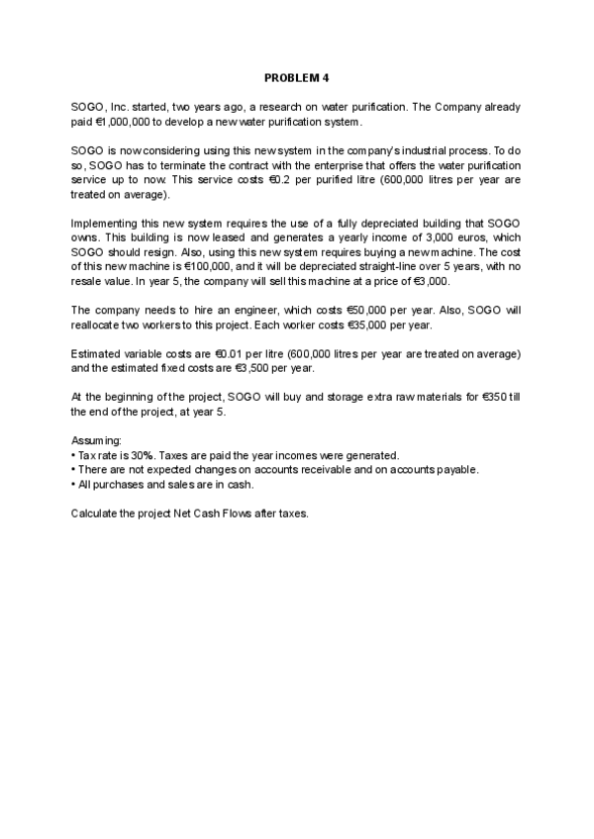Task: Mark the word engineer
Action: [216, 311]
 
